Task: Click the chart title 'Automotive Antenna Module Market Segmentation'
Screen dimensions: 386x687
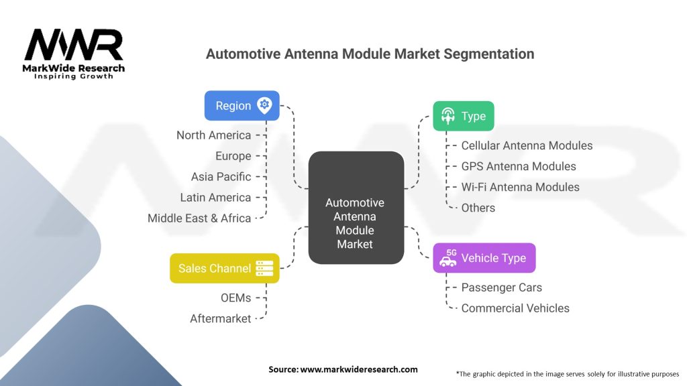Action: (370, 54)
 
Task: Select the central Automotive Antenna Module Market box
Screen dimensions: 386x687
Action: (356, 207)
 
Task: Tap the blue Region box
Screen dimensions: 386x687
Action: (242, 106)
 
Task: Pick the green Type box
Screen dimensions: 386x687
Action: (463, 117)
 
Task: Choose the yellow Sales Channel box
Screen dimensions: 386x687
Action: (224, 268)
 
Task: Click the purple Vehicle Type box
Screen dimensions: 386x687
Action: (484, 258)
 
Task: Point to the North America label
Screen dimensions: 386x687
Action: (213, 135)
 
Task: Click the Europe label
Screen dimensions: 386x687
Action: (233, 156)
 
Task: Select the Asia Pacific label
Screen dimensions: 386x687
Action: (221, 177)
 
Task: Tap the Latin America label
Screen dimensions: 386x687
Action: (215, 198)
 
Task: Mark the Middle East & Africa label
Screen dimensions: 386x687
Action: (199, 218)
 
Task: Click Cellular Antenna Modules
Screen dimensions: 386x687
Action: (527, 145)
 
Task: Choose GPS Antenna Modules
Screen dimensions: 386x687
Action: (518, 166)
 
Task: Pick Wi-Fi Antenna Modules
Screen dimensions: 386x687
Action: (520, 187)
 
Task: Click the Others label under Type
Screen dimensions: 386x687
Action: (478, 208)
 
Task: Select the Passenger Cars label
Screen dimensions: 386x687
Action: (501, 287)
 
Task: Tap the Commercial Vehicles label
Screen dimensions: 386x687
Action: (515, 308)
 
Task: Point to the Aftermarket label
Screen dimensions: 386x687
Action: (220, 318)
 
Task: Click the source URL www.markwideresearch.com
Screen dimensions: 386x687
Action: (358, 369)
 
